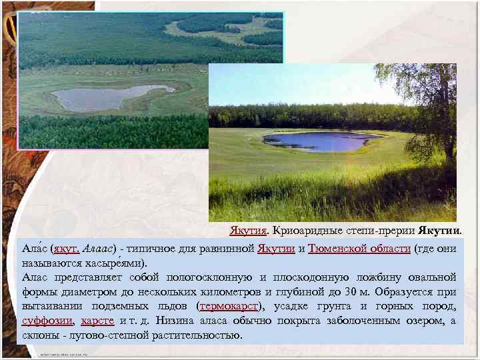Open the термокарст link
[x=231, y=307]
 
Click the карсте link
[x=97, y=321]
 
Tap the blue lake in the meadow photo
[x=320, y=141]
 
